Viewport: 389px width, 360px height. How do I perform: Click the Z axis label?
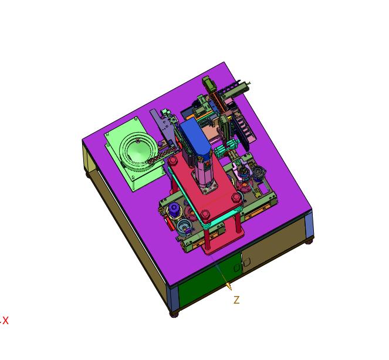[236, 300]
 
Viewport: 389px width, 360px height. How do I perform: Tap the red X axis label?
[5, 321]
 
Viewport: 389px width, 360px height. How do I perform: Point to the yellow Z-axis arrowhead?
[229, 287]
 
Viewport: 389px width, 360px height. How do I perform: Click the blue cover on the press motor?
[195, 137]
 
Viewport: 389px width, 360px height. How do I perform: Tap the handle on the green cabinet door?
[237, 268]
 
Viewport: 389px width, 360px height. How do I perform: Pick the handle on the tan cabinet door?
[247, 262]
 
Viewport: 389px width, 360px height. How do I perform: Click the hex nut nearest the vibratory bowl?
[172, 160]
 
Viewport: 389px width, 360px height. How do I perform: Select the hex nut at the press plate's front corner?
[205, 214]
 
